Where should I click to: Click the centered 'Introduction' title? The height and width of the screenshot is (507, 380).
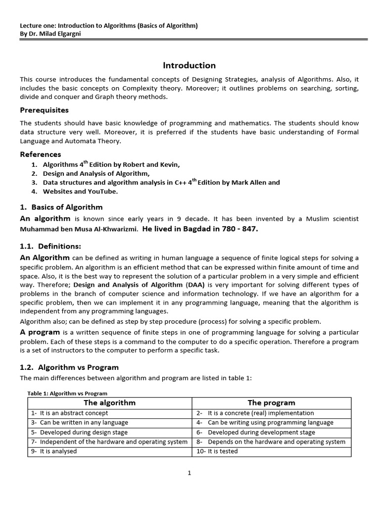click(190, 65)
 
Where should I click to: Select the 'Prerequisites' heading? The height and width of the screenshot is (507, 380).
click(44, 110)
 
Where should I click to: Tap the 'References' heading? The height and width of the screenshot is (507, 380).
click(41, 154)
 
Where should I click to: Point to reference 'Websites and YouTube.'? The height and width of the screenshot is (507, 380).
click(81, 191)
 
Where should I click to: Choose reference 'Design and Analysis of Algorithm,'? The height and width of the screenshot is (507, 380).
click(96, 173)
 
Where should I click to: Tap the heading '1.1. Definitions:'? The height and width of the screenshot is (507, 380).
click(50, 246)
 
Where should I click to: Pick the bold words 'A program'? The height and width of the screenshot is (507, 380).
click(41, 332)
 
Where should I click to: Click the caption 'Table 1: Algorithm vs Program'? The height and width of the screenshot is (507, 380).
click(67, 393)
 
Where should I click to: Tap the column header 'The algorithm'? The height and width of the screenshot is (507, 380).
click(109, 403)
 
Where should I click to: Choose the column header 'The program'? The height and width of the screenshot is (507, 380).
click(271, 403)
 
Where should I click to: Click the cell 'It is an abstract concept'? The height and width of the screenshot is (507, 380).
click(74, 413)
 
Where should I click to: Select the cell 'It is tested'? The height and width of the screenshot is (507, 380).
click(223, 451)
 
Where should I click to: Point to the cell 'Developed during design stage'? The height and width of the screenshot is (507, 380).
click(82, 432)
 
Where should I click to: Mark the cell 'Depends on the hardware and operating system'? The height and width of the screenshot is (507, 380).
click(277, 442)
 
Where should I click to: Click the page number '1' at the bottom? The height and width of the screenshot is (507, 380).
click(189, 473)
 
